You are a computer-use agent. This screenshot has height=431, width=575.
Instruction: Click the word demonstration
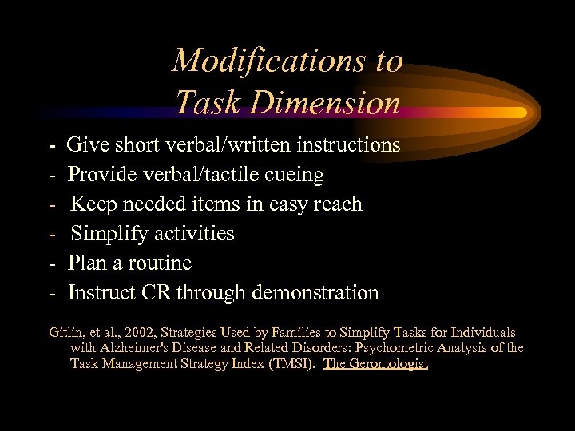[315, 292]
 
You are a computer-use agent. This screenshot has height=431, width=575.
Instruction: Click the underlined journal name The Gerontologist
[376, 364]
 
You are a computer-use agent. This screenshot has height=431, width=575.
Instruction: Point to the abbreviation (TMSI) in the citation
[292, 364]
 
